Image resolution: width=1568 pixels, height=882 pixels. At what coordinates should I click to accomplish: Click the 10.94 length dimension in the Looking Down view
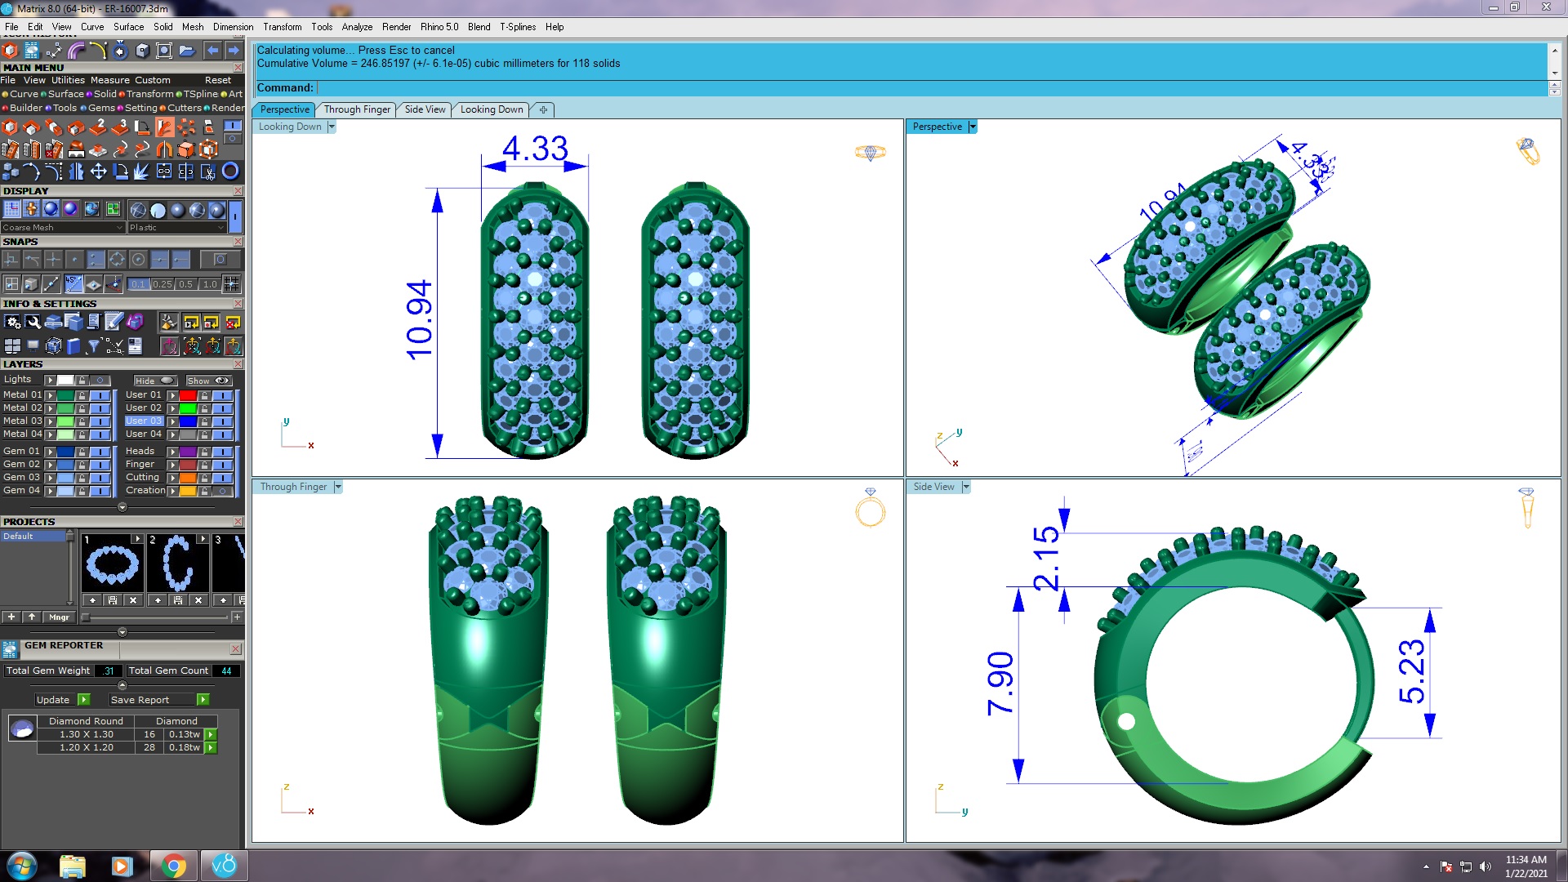tap(419, 320)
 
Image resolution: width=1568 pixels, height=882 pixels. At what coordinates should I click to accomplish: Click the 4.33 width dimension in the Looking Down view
tap(535, 149)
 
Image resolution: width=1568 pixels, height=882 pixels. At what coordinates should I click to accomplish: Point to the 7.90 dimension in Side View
tap(1001, 684)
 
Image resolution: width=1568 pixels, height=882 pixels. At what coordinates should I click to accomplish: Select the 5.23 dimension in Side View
tap(1412, 671)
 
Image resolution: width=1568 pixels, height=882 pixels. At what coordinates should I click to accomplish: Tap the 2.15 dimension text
tap(1047, 559)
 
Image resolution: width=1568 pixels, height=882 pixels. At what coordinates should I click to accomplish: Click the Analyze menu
tap(357, 27)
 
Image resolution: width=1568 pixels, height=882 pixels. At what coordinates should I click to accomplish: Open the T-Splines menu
tap(518, 27)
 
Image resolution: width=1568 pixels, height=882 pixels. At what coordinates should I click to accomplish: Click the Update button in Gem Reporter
tap(54, 700)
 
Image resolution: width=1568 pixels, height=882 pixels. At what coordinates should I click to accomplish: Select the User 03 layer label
tap(144, 421)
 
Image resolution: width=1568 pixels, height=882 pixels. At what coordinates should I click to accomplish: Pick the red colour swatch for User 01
tap(188, 395)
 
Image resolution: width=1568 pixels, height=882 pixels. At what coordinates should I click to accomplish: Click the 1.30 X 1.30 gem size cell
tap(86, 734)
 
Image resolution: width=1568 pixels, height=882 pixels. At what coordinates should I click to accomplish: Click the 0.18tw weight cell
tap(185, 747)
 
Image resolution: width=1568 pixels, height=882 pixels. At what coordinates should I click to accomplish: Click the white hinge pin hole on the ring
tap(1126, 721)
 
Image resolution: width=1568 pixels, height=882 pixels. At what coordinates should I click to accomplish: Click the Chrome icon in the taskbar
tap(173, 866)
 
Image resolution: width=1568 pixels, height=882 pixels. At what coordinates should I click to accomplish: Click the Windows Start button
tap(21, 866)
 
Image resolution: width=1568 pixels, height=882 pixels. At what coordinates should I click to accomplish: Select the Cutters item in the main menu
tap(185, 108)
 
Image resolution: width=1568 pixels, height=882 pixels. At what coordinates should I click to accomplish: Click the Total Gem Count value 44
tap(226, 670)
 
